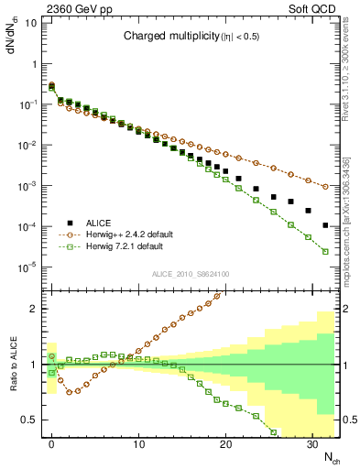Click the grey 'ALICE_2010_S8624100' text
[x=190, y=274]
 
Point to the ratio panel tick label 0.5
[x=29, y=420]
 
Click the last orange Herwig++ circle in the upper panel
[x=325, y=186]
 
